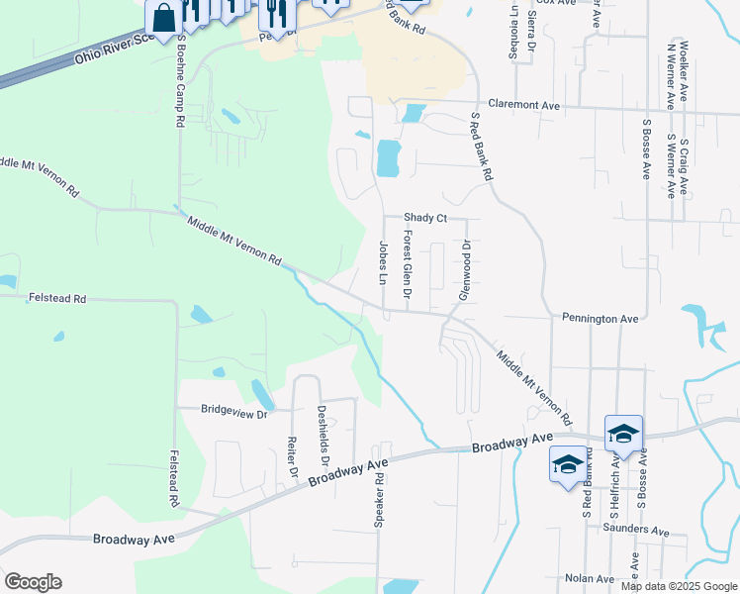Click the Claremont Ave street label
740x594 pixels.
point(524,105)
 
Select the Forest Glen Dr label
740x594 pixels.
point(407,265)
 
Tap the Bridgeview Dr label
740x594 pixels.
point(234,409)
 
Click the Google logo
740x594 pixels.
point(33,582)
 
